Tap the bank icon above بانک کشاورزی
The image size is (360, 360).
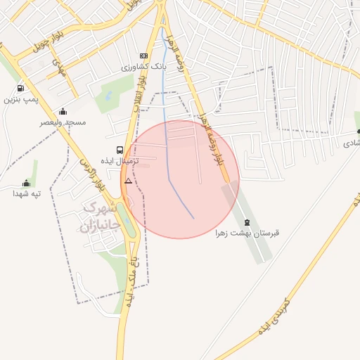coord(144,56)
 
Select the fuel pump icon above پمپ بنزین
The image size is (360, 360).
coord(20,89)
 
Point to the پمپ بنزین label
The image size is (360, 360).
coord(19,100)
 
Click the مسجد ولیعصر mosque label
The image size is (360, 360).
coord(63,122)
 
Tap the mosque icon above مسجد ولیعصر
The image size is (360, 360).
coord(63,111)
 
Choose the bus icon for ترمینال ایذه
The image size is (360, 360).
coord(120,150)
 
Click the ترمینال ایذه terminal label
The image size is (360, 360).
coord(122,161)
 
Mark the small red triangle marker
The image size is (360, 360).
coord(128,181)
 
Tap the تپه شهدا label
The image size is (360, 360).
coord(27,193)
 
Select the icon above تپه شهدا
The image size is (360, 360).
coord(27,183)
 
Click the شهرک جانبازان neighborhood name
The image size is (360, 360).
coord(98,217)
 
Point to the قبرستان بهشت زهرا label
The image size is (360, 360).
coord(253,233)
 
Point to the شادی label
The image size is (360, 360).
coord(351,143)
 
